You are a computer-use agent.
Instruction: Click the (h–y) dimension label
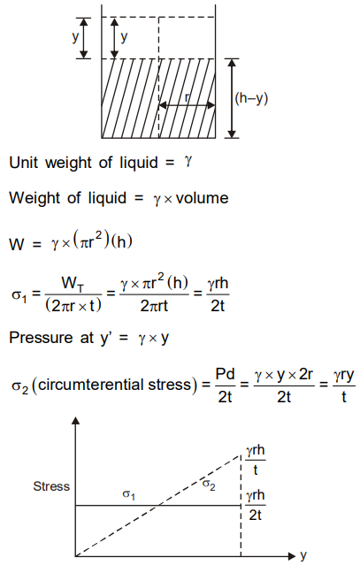tap(251, 98)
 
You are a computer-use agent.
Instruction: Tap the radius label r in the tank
tap(187, 97)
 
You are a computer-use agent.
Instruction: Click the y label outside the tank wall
tap(75, 37)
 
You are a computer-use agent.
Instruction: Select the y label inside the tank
tap(124, 37)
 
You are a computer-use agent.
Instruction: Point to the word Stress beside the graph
tap(51, 486)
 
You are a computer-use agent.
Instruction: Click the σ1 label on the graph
tap(128, 494)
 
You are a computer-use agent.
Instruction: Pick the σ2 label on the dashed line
tap(209, 485)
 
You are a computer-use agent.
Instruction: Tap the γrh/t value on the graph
tap(255, 460)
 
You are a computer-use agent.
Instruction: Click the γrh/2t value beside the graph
tap(255, 505)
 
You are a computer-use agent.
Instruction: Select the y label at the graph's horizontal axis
tap(303, 555)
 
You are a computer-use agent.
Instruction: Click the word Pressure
tap(41, 338)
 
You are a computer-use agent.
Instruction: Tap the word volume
tap(203, 198)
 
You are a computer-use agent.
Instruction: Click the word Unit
tap(23, 163)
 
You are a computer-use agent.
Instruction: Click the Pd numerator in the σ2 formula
tap(225, 374)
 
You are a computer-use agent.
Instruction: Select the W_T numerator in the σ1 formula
tap(73, 284)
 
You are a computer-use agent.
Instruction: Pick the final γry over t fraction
tap(344, 386)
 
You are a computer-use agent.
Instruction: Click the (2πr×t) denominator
tap(73, 306)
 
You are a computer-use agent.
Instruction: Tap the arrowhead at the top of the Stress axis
tap(76, 421)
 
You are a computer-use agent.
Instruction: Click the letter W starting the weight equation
tap(17, 244)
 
